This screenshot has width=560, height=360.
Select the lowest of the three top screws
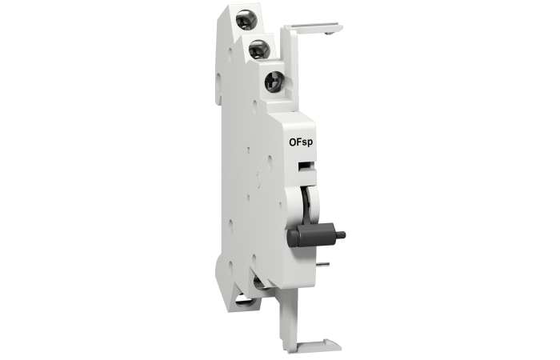pos(274,82)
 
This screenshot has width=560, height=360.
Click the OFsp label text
pos(301,142)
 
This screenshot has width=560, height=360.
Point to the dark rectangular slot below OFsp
pos(306,165)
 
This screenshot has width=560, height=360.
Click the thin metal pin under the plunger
pos(323,264)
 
